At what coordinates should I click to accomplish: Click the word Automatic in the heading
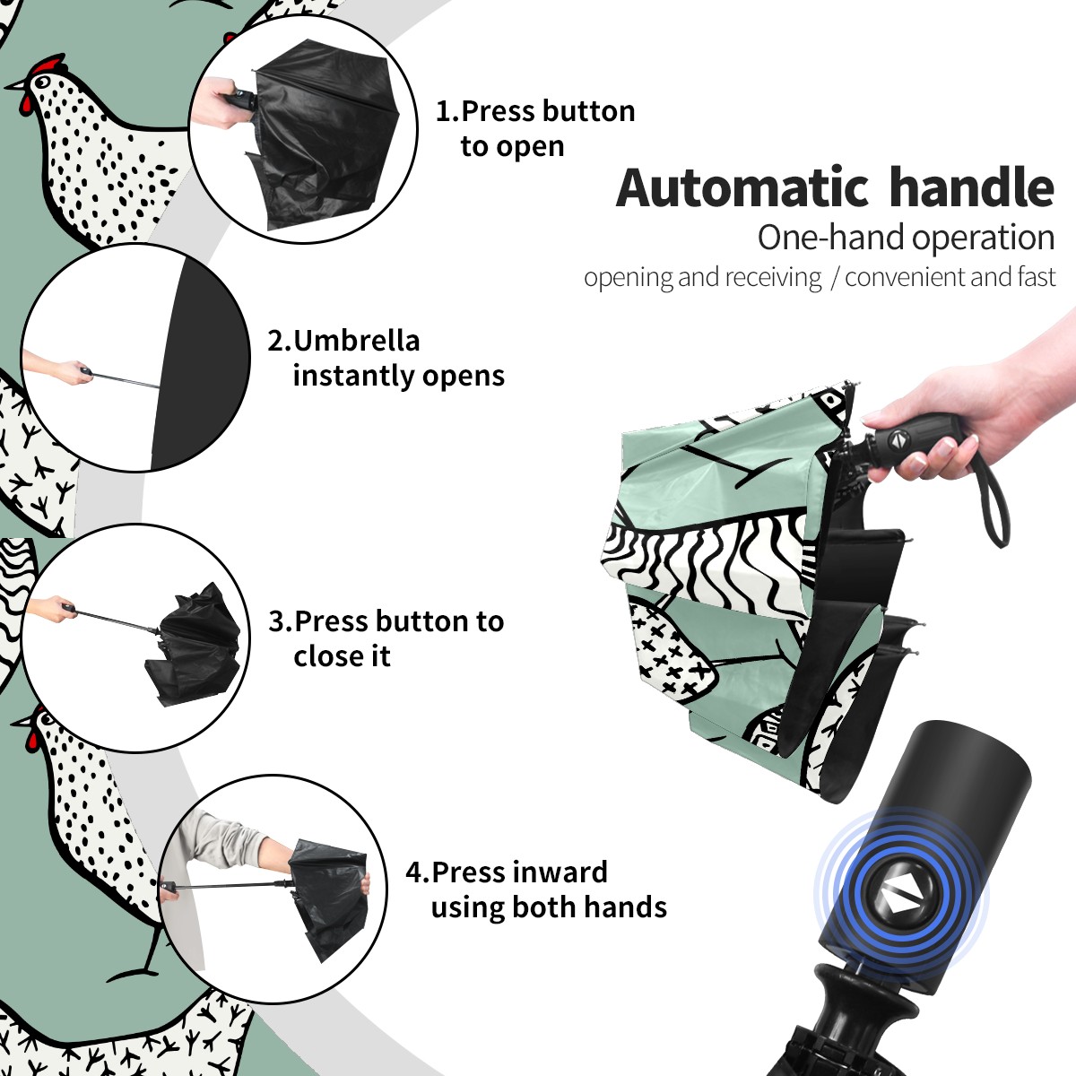742,188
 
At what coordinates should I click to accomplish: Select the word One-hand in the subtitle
831,238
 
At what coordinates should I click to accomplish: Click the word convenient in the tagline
905,277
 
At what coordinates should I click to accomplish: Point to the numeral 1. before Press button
447,111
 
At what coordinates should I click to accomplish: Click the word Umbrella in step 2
356,341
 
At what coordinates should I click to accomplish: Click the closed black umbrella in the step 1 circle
324,134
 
